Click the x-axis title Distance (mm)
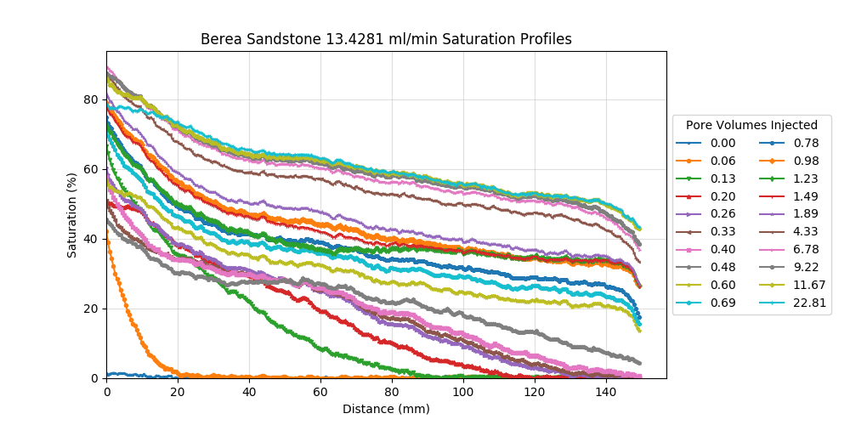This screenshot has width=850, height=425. click(386, 409)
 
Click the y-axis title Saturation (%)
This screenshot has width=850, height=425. click(72, 214)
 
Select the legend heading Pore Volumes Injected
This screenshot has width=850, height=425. click(751, 125)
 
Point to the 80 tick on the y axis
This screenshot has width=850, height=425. click(91, 99)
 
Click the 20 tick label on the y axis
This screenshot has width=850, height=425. click(91, 309)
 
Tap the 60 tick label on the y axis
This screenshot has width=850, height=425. click(91, 169)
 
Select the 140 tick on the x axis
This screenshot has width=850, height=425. click(605, 392)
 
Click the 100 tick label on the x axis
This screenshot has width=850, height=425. click(462, 392)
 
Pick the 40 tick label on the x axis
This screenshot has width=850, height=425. click(249, 392)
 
